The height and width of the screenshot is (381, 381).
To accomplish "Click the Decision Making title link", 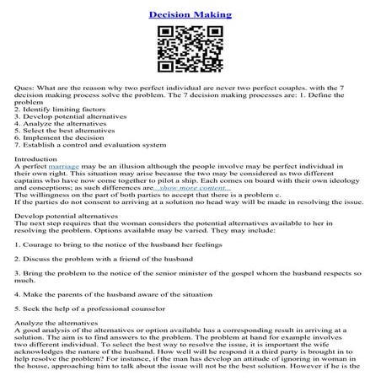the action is tap(190, 15).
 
